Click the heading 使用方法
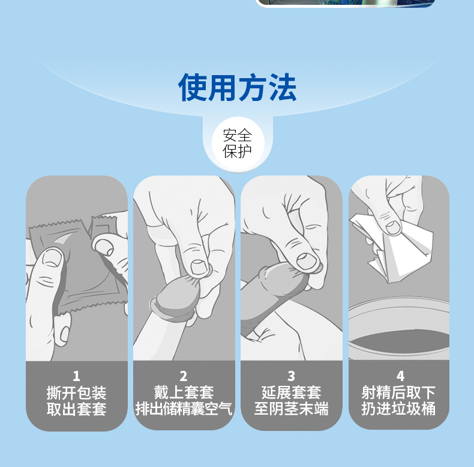coord(237,88)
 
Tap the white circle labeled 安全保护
coord(237,143)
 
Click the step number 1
coord(76,376)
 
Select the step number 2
coord(184,376)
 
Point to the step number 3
coord(291,376)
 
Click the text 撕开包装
coord(76,393)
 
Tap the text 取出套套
coord(76,410)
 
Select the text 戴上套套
coord(184,393)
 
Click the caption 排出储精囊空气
coord(184,410)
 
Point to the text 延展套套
coord(291,393)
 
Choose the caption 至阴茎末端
coord(291,410)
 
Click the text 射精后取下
coord(399,393)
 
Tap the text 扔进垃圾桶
coord(399,410)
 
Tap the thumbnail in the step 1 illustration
coord(52,258)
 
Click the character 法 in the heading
coord(281,88)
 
